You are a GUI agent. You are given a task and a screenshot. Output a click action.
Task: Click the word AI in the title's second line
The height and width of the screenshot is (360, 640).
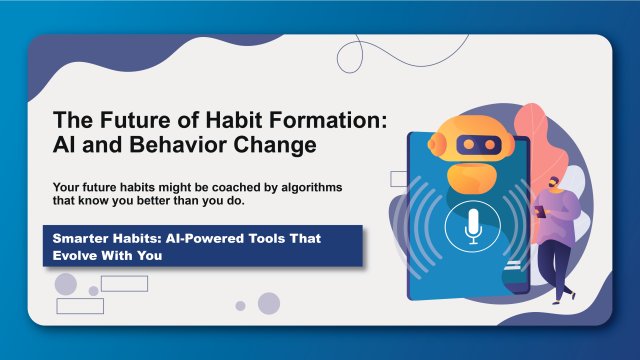[66, 145]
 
